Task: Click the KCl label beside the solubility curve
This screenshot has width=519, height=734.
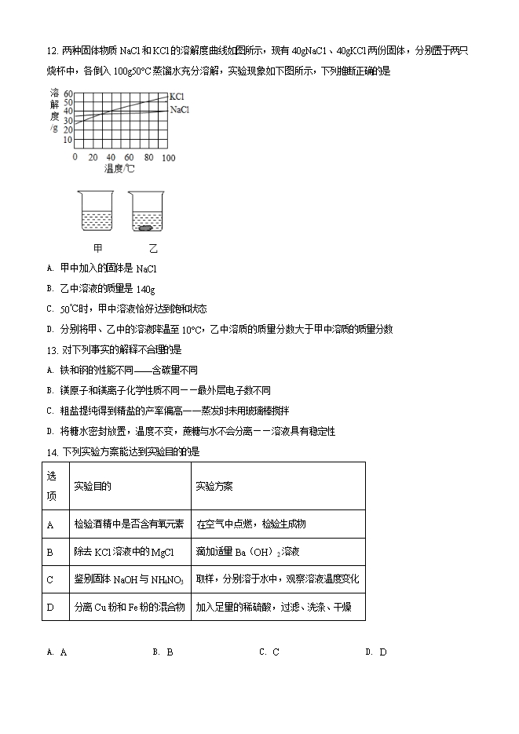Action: [x=177, y=97]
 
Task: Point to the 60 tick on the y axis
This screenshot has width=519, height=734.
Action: [x=68, y=93]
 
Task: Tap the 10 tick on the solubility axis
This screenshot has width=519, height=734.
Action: [x=68, y=140]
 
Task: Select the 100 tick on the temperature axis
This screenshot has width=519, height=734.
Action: [x=168, y=158]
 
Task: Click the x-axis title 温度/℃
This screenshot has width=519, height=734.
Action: [x=119, y=169]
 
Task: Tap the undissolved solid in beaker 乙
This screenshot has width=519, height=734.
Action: [x=147, y=228]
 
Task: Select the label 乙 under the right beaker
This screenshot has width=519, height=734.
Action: [x=152, y=249]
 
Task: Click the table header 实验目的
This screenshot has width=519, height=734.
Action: [x=93, y=486]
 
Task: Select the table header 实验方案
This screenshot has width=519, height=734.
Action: [x=214, y=486]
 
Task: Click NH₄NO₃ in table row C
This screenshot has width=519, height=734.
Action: [x=167, y=580]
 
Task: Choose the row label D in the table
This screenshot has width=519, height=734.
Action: [x=50, y=607]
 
